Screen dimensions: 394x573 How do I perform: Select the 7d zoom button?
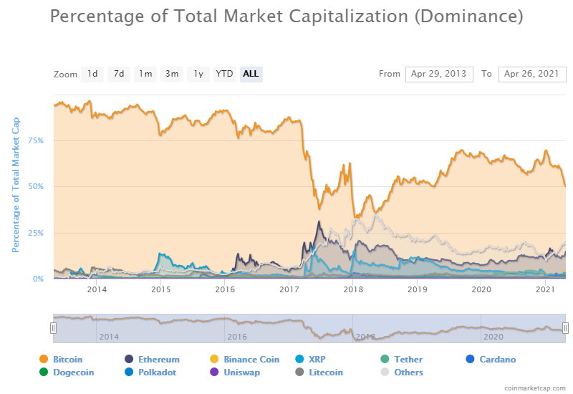point(119,74)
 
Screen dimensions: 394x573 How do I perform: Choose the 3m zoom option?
point(172,74)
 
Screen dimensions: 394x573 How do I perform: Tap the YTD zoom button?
point(225,74)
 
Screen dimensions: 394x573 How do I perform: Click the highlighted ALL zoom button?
point(251,74)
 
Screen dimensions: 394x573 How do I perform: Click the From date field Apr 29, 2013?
point(438,74)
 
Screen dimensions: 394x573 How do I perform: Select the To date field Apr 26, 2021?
point(531,74)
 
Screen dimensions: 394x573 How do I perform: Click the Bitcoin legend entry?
point(67,360)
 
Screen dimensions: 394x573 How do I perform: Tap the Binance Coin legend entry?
point(251,360)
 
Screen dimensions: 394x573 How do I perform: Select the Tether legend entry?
point(408,360)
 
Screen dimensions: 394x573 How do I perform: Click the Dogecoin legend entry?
point(73,373)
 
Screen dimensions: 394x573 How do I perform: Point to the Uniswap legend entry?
point(241,373)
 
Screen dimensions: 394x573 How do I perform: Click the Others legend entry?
point(408,373)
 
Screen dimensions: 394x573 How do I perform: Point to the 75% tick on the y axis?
point(36,140)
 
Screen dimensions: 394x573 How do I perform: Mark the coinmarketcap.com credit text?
point(534,388)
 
